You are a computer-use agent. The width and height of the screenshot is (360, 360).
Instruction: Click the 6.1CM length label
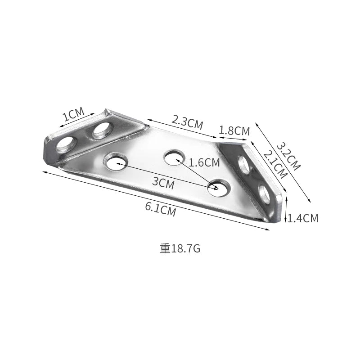pyautogui.click(x=160, y=210)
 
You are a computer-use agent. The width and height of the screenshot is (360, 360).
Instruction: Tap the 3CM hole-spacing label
pyautogui.click(x=163, y=182)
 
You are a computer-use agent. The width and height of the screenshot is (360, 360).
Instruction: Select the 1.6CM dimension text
pyautogui.click(x=204, y=162)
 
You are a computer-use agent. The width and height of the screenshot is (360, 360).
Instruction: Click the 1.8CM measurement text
pyautogui.click(x=234, y=131)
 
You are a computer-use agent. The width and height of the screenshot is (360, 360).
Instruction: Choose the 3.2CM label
pyautogui.click(x=288, y=156)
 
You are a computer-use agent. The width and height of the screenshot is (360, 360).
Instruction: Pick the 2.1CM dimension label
pyautogui.click(x=274, y=164)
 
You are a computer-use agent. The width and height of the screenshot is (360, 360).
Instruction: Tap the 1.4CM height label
pyautogui.click(x=303, y=219)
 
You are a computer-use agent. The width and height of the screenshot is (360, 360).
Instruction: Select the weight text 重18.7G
pyautogui.click(x=180, y=248)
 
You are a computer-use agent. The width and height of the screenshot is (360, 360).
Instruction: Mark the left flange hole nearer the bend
pyautogui.click(x=103, y=130)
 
